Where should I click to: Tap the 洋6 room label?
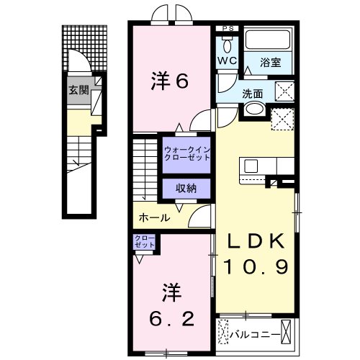click(170, 81)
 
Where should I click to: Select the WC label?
click(227, 61)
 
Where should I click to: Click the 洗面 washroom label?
click(252, 93)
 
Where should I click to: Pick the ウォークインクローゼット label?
click(186, 153)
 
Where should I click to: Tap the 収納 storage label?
click(186, 188)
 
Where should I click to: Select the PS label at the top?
click(228, 29)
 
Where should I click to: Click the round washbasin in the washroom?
click(253, 109)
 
